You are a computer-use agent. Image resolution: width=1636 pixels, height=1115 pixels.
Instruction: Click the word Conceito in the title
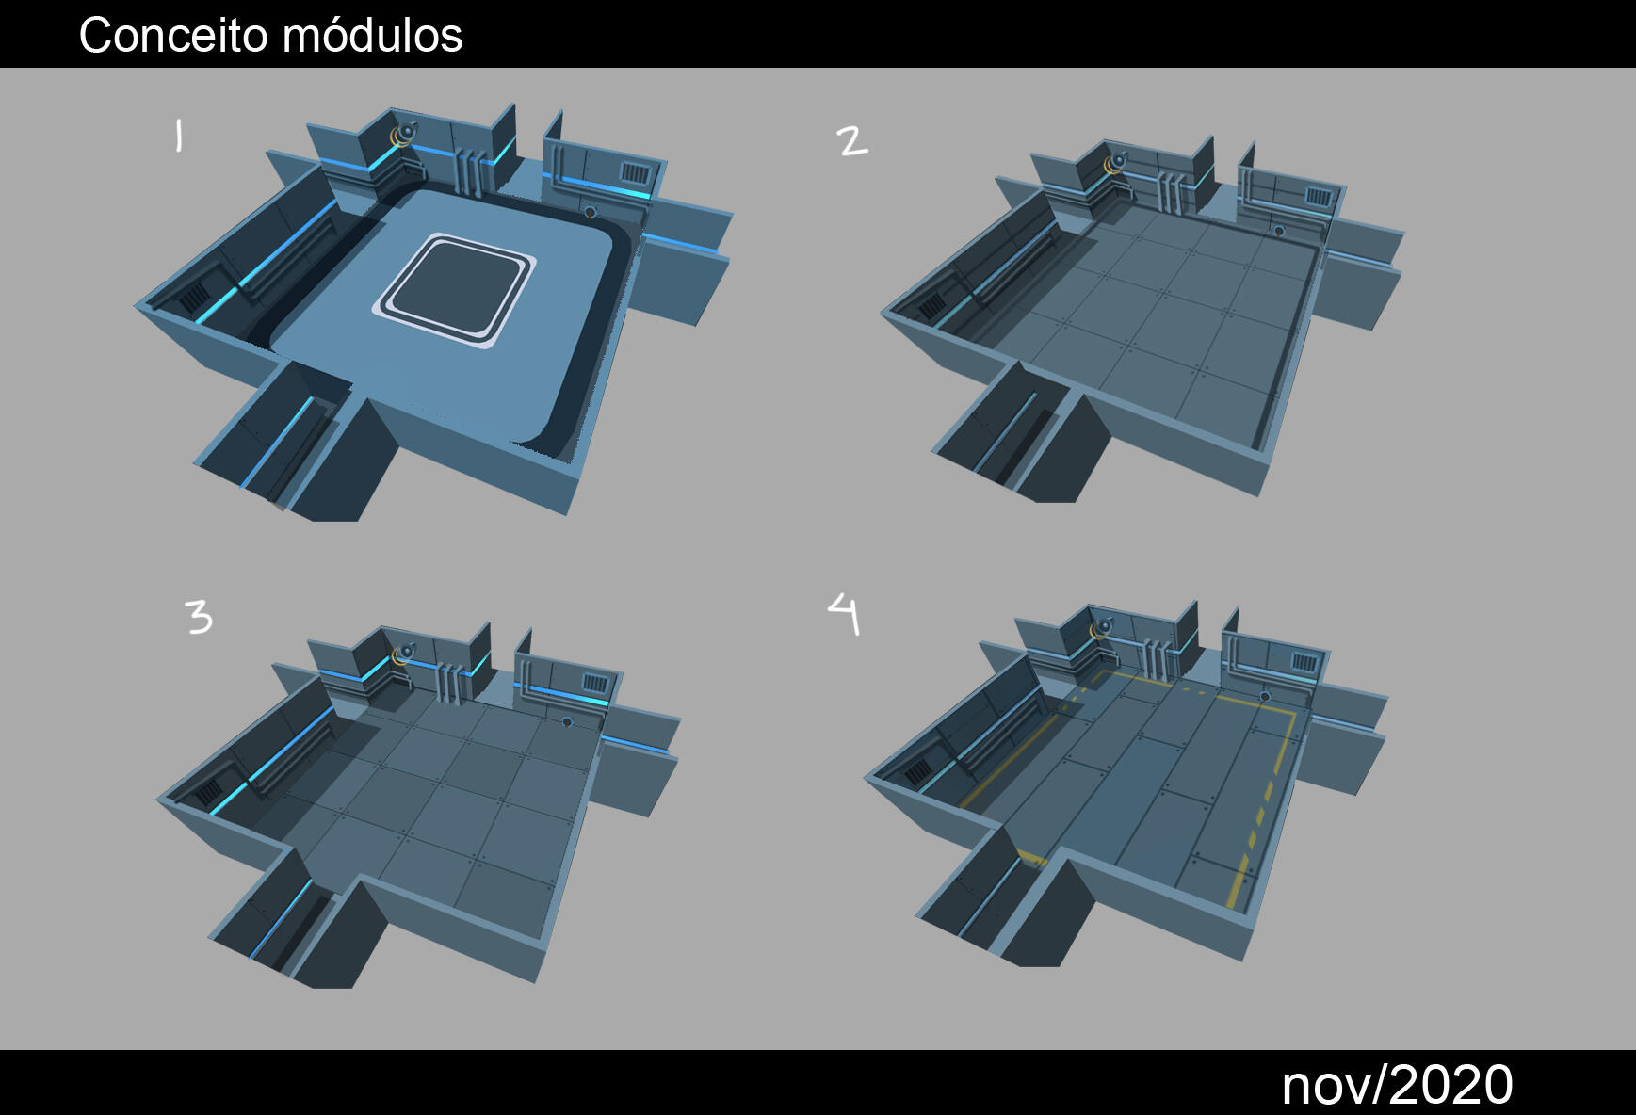pyautogui.click(x=173, y=36)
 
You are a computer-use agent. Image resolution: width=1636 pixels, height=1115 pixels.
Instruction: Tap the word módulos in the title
pyautogui.click(x=372, y=36)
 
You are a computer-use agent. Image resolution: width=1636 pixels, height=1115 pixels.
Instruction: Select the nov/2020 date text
pyautogui.click(x=1397, y=1085)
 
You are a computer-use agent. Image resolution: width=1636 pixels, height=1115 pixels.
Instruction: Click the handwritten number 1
pyautogui.click(x=178, y=136)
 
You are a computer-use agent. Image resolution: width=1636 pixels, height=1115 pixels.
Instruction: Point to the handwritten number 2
pyautogui.click(x=851, y=141)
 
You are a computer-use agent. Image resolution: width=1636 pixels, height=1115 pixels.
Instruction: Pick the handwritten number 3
pyautogui.click(x=199, y=618)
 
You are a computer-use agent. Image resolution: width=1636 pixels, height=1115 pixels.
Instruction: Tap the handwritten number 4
pyautogui.click(x=845, y=613)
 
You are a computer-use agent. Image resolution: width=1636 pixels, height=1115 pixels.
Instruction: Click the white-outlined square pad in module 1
pyautogui.click(x=455, y=289)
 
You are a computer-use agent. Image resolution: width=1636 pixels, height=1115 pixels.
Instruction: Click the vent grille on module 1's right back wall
pyautogui.click(x=635, y=174)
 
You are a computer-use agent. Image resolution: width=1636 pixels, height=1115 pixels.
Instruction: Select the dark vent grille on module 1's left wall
pyautogui.click(x=193, y=299)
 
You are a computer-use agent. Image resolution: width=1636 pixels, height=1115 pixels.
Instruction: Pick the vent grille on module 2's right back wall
pyautogui.click(x=1319, y=197)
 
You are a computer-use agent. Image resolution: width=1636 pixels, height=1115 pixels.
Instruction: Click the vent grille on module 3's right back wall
pyautogui.click(x=594, y=682)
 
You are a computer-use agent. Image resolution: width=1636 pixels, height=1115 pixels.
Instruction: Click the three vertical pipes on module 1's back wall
pyautogui.click(x=469, y=169)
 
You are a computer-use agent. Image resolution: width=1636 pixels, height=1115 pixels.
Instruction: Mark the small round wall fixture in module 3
pyautogui.click(x=567, y=723)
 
